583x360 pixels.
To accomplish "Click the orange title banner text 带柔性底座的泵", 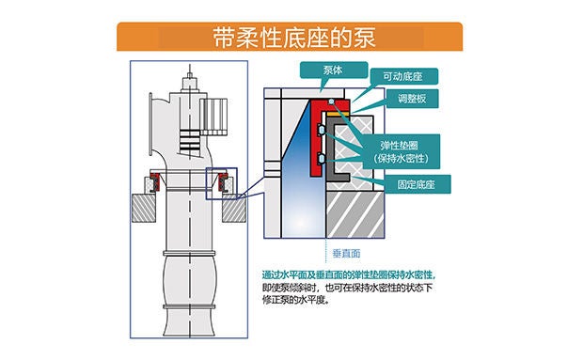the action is click(x=294, y=38).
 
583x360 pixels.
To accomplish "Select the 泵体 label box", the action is click(x=334, y=70).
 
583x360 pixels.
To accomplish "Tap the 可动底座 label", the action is click(x=403, y=76).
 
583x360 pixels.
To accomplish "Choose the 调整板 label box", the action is click(x=412, y=99).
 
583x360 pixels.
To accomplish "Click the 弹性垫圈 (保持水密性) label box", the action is click(x=401, y=151).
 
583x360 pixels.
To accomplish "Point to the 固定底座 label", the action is click(x=417, y=184).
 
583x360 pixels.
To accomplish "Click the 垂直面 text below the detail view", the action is click(x=346, y=254).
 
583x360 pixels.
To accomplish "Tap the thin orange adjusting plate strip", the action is click(x=338, y=114).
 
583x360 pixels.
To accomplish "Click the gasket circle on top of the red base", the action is click(x=331, y=102).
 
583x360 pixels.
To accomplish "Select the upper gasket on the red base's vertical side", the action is click(x=322, y=130).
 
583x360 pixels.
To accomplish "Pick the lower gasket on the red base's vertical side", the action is click(x=322, y=159).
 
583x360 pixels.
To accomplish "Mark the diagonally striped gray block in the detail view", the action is click(x=355, y=214).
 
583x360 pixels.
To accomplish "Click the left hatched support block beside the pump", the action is click(x=144, y=209).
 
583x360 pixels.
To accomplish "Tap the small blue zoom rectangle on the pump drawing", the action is click(x=222, y=183).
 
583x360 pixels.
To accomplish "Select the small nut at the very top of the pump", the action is click(x=190, y=76).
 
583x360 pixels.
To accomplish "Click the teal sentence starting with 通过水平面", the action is click(x=349, y=275).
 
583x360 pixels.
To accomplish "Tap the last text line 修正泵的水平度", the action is click(x=295, y=300).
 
